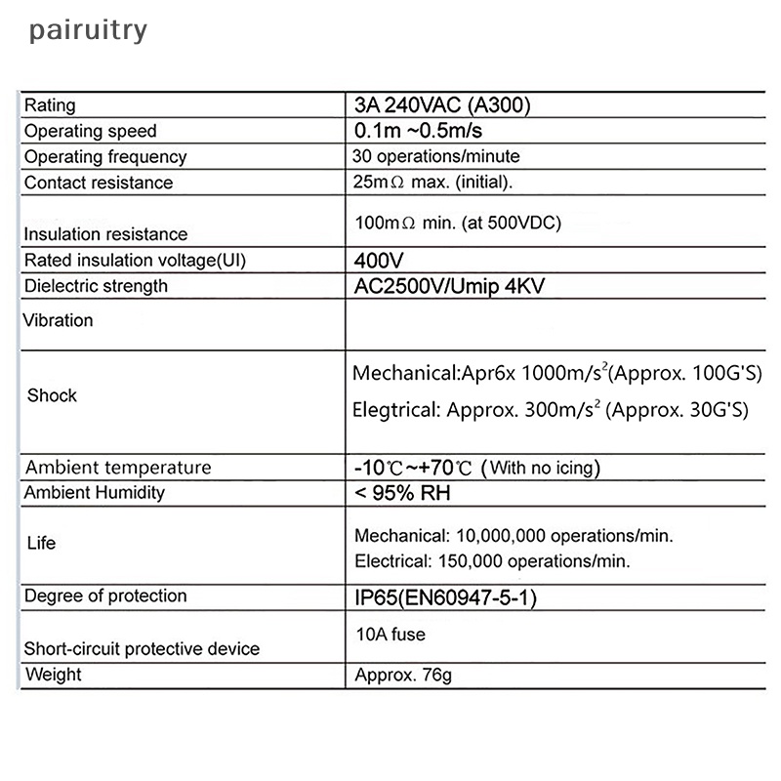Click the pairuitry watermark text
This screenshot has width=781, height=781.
(x=88, y=30)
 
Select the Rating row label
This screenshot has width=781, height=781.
(x=50, y=105)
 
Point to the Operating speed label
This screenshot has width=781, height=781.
(x=90, y=131)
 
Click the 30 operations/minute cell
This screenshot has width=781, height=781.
(x=435, y=156)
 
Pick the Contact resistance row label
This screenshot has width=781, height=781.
(x=98, y=183)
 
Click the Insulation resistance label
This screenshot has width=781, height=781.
(x=105, y=234)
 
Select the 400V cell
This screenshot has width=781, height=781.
(x=379, y=261)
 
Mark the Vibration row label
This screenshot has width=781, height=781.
(x=59, y=320)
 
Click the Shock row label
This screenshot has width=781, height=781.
(x=52, y=395)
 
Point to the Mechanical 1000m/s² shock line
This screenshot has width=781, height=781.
(x=556, y=374)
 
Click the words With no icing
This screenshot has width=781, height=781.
(x=542, y=468)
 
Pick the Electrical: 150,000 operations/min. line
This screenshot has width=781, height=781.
(x=492, y=561)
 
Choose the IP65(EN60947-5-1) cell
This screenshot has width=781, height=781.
(x=444, y=597)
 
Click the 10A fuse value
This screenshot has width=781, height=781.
(x=390, y=635)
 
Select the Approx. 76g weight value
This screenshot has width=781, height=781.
(x=402, y=676)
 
